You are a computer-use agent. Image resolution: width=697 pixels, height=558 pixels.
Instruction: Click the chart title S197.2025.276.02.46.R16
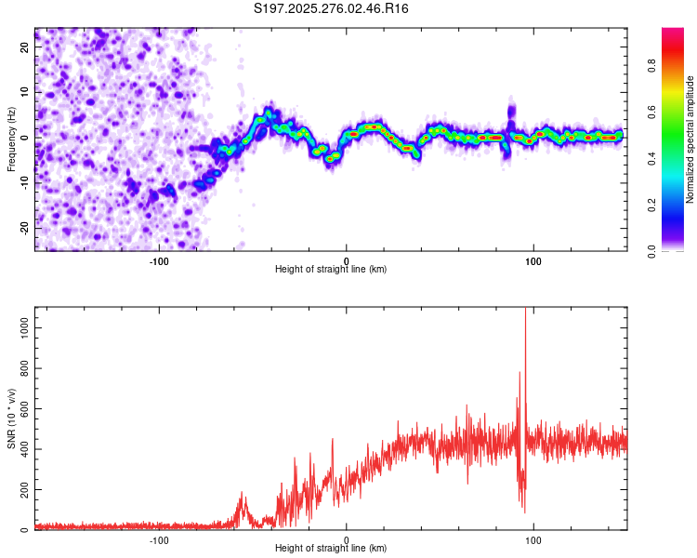[331, 9]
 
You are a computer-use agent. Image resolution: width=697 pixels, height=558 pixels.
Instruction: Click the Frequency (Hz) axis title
[11, 139]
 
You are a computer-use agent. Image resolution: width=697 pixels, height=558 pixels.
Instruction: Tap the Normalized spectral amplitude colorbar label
[690, 139]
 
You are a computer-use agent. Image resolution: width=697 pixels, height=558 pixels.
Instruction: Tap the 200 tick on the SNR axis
[23, 489]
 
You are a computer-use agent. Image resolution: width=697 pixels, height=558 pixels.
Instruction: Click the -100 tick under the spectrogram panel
[159, 260]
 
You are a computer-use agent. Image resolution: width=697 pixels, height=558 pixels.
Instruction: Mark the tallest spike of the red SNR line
[526, 311]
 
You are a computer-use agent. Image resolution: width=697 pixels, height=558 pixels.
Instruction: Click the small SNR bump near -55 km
[243, 496]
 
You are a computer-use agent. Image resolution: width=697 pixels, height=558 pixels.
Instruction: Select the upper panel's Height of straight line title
[331, 270]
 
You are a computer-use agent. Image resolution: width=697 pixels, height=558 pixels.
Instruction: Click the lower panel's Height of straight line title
[331, 549]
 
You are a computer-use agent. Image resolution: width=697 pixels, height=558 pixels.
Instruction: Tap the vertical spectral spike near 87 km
[510, 110]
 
